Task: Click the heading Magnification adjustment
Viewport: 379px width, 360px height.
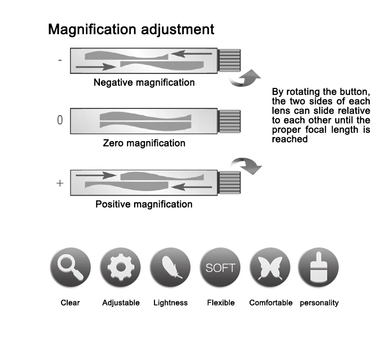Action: [131, 29]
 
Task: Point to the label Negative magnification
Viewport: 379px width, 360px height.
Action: [144, 82]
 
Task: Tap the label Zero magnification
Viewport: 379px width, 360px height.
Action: [144, 143]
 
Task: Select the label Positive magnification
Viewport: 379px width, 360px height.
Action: [144, 205]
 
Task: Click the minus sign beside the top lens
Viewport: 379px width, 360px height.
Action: [60, 61]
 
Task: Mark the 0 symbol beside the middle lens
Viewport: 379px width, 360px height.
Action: [60, 120]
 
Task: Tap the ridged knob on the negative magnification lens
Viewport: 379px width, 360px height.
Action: [229, 60]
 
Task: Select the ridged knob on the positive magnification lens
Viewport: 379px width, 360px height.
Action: [229, 182]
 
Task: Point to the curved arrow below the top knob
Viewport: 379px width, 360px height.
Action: [244, 79]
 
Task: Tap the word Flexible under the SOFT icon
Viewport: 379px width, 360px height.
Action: [221, 303]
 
